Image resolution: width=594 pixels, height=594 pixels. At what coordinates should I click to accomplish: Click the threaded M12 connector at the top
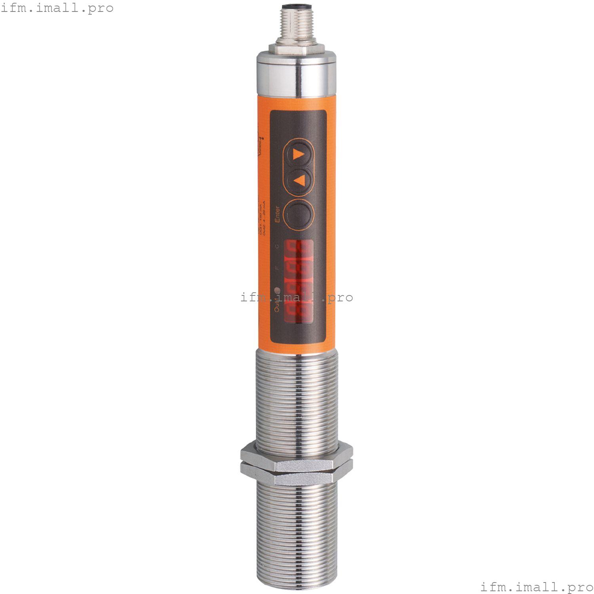coord(297,26)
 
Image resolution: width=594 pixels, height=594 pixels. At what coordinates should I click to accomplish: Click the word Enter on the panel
coord(278,214)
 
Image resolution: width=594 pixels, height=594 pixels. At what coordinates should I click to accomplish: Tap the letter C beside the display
coord(277,246)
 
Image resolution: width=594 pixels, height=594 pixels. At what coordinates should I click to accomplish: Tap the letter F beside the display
coord(277,268)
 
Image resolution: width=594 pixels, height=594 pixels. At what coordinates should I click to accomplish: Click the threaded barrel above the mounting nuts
coord(297,396)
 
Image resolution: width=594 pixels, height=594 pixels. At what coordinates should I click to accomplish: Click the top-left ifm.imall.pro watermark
coord(57,8)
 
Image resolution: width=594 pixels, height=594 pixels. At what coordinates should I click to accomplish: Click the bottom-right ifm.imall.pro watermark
coord(537,586)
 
